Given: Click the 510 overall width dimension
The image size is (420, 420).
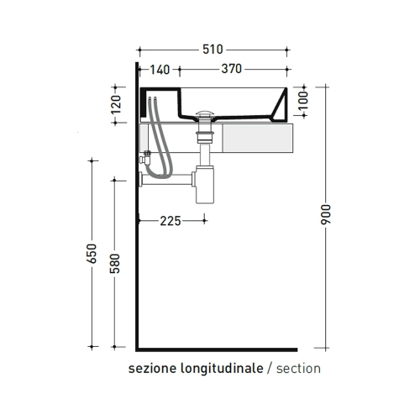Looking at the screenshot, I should (213, 50).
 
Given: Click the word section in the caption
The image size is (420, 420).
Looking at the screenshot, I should (298, 368).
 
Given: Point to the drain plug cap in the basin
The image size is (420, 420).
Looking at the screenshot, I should (206, 112).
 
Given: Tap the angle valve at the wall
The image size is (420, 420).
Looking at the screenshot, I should (146, 155).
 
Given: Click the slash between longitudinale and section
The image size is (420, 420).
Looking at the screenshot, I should (269, 368).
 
